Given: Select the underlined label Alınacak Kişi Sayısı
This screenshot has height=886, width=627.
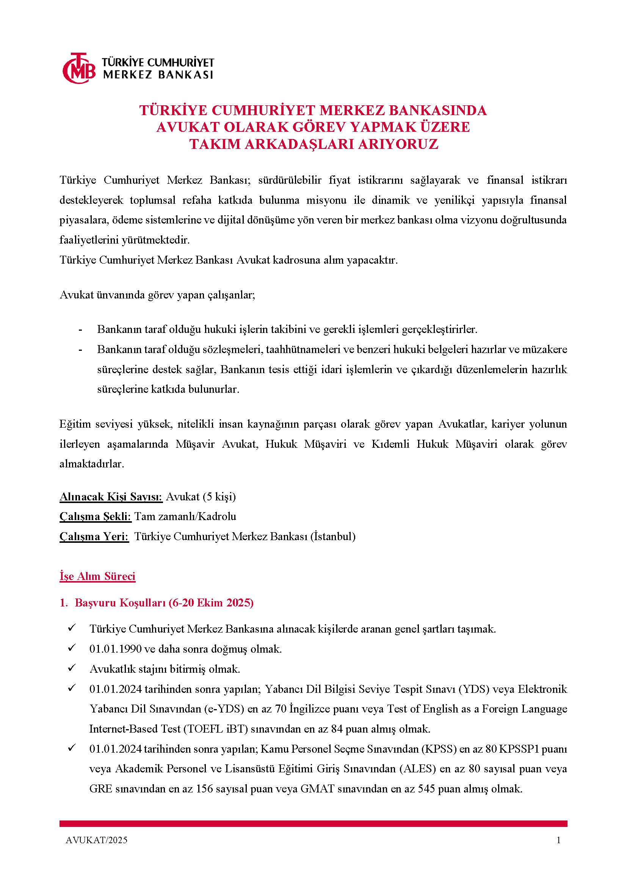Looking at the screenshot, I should coord(111,497).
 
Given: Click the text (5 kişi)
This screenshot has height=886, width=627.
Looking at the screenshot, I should coord(218,497).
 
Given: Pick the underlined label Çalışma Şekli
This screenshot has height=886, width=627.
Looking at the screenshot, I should coord(96,516).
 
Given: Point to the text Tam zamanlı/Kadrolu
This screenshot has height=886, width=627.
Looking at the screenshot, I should coord(185,516).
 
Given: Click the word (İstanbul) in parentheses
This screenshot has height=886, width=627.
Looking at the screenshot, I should coord(333,536).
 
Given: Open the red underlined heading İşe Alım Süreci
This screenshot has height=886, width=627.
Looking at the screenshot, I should coord(97,577).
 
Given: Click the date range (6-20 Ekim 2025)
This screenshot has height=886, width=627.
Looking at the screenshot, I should coord(211,603).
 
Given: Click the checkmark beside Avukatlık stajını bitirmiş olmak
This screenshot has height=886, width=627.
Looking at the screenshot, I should coord(71,668).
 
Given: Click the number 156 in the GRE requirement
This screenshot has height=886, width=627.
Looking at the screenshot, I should coord(205,789).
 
